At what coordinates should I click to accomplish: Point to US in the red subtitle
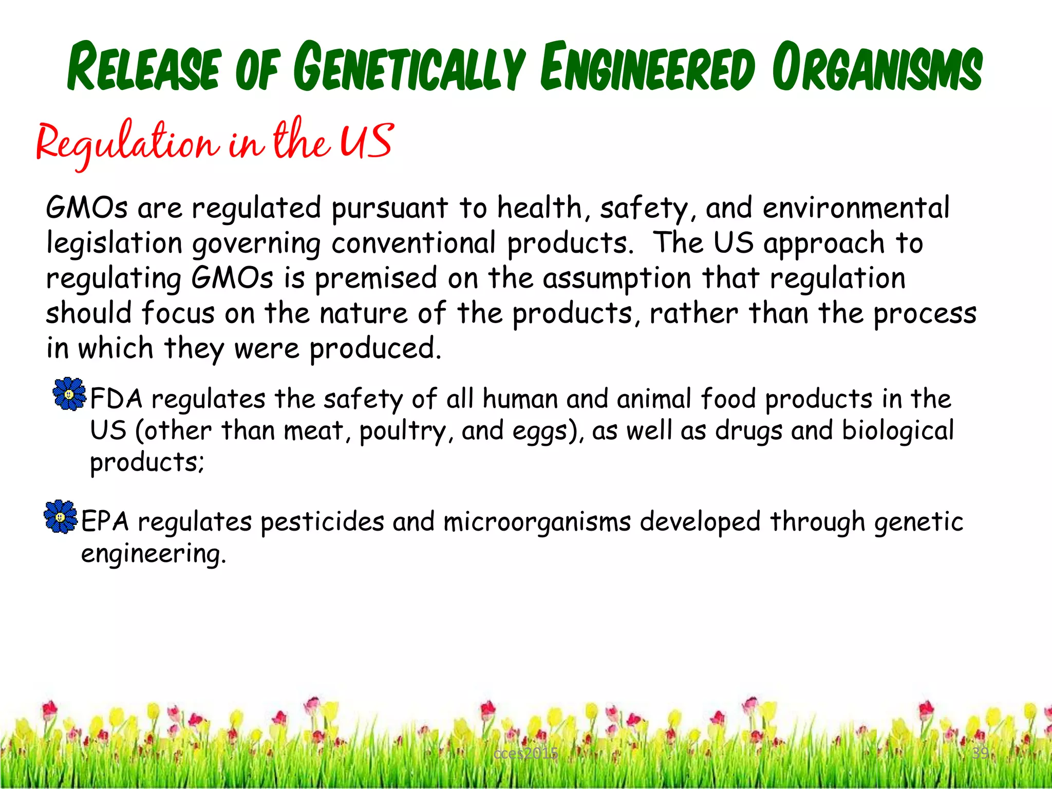coord(367,141)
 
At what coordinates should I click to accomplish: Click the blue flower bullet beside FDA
coord(69,394)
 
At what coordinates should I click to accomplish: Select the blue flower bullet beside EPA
coord(60,516)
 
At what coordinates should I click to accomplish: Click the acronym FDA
coord(116,399)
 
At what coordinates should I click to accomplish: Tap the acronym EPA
coord(105,522)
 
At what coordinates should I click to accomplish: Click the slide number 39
coord(980,753)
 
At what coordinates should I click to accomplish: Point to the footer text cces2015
coord(525,754)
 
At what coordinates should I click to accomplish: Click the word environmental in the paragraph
coord(856,209)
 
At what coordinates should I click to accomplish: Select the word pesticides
coord(322,522)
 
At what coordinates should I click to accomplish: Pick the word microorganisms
coord(537,522)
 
